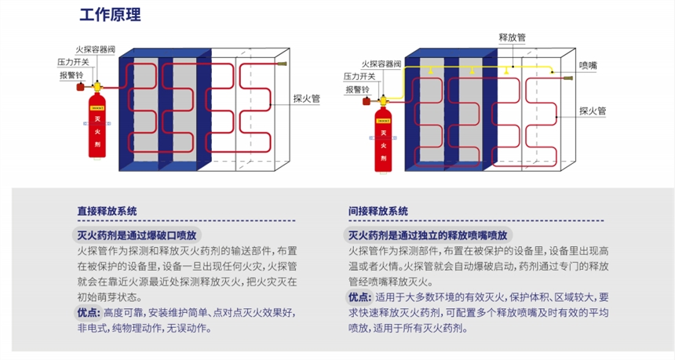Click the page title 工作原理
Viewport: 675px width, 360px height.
click(111, 15)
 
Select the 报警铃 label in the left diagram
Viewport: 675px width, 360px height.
click(71, 75)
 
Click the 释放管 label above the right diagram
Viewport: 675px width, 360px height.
click(512, 37)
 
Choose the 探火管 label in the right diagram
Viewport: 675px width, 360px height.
click(593, 111)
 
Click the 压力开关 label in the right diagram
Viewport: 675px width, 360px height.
click(359, 76)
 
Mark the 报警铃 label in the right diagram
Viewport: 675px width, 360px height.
click(358, 90)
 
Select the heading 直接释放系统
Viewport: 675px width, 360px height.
click(108, 211)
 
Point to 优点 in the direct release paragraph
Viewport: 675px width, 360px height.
click(89, 313)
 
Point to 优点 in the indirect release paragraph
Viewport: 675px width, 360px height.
click(360, 297)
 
